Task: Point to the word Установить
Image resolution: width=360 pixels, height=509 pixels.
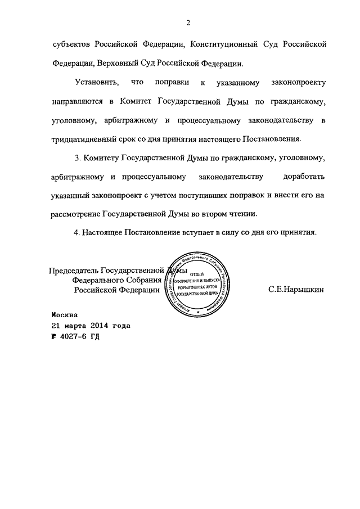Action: pos(96,83)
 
